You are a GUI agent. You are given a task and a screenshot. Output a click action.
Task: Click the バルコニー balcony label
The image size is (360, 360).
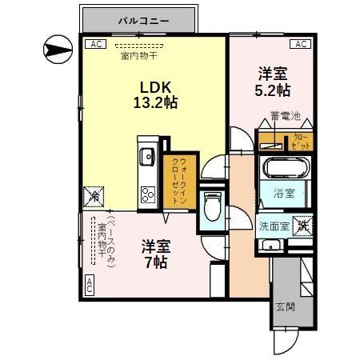point(138,17)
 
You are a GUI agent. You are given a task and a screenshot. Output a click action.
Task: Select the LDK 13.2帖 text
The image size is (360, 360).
point(155,94)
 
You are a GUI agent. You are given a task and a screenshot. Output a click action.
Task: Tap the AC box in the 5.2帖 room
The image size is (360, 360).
point(300,45)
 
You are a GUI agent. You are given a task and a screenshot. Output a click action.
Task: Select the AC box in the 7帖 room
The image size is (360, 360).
point(89,283)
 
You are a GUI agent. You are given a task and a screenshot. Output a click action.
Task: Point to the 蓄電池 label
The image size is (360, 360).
point(284,117)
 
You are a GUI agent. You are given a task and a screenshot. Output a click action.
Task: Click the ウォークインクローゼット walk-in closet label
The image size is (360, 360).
point(179,182)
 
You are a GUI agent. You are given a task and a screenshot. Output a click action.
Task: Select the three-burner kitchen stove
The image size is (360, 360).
point(148,194)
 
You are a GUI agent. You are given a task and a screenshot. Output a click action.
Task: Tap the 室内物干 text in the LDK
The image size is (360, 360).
point(138,56)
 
